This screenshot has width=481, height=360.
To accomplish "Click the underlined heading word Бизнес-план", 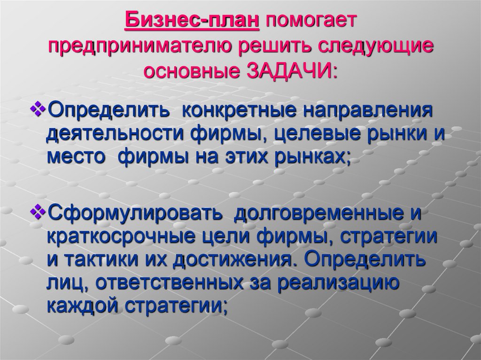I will point(193,21).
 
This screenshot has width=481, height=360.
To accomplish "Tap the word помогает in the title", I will point(312,21).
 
